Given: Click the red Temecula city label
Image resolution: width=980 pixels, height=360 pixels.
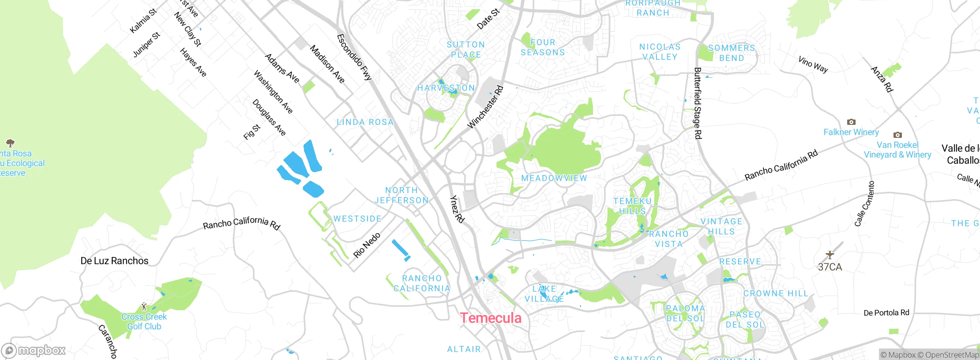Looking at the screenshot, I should (x=490, y=318).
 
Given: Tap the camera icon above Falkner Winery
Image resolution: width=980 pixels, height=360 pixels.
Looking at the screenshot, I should (x=851, y=122).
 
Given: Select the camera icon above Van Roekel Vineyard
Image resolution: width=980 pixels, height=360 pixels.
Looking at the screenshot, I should (x=897, y=135).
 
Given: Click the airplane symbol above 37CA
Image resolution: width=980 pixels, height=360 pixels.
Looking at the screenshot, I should (x=830, y=255).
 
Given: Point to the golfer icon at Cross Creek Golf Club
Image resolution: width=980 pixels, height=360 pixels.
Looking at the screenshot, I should (x=144, y=306).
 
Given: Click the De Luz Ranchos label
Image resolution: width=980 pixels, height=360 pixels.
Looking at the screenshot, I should (x=114, y=261).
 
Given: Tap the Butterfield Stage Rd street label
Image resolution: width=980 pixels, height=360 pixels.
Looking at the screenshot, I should (x=697, y=103).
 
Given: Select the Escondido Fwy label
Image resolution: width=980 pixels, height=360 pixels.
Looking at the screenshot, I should (x=354, y=57).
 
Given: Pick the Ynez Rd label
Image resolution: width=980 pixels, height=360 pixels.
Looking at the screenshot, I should (x=457, y=209).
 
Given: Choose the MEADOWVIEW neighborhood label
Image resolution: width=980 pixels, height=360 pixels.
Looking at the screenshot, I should (x=554, y=178).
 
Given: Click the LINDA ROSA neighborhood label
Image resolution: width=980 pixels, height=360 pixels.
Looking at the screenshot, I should (x=365, y=122).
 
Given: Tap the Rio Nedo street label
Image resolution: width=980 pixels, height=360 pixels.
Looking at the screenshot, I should (x=367, y=245).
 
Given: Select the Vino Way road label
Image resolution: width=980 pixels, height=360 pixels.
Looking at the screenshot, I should (x=813, y=64).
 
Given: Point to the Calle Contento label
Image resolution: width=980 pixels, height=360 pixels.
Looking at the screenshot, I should (x=864, y=204).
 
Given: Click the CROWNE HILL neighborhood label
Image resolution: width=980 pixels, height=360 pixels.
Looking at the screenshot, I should (x=776, y=293).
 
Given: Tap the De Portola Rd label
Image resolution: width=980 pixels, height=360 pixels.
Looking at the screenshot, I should (x=886, y=313).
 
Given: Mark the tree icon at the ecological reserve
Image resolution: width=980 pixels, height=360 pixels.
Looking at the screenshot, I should (x=10, y=143).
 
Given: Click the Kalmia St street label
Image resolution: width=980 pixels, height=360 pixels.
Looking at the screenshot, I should (x=143, y=21).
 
